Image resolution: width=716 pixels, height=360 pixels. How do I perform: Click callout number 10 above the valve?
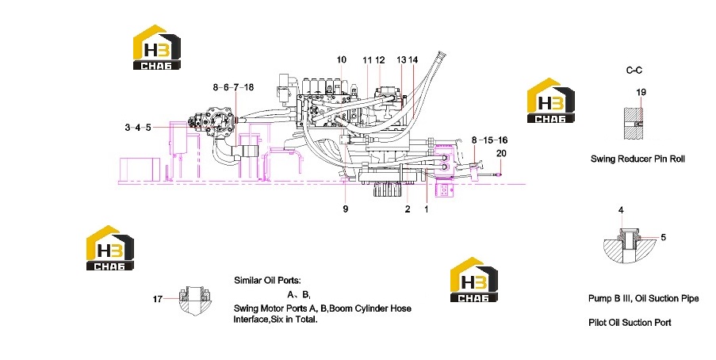click(x=342, y=59)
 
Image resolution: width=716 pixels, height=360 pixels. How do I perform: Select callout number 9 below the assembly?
click(x=346, y=209)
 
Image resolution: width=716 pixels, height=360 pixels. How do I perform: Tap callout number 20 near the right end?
click(x=501, y=153)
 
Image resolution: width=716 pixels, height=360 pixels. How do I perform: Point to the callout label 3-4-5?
click(x=138, y=128)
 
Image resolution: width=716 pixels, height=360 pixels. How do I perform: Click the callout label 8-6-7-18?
click(x=233, y=86)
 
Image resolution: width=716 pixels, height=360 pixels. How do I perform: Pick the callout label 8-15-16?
click(x=489, y=140)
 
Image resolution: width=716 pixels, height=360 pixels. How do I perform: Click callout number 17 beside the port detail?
click(x=158, y=299)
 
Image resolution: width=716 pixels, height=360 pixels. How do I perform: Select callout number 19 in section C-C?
click(x=641, y=92)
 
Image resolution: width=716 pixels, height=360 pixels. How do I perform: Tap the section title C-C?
click(x=634, y=71)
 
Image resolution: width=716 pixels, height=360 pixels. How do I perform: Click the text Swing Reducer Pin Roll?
click(x=638, y=159)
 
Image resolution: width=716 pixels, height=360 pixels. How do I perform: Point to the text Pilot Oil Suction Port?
click(x=630, y=323)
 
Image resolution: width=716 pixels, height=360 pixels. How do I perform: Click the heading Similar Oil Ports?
click(x=267, y=281)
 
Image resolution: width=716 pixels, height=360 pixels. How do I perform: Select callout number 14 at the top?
click(x=413, y=59)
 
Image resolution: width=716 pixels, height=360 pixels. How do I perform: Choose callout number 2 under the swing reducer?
click(x=408, y=209)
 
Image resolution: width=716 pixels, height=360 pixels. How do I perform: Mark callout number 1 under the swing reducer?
click(x=427, y=209)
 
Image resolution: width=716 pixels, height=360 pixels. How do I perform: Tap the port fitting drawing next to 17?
click(x=195, y=301)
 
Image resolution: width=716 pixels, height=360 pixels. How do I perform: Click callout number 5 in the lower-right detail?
click(x=664, y=237)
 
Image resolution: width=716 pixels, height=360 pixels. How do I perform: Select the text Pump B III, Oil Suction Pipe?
click(x=643, y=298)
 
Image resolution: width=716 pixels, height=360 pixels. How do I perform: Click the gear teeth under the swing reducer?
click(x=387, y=190)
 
